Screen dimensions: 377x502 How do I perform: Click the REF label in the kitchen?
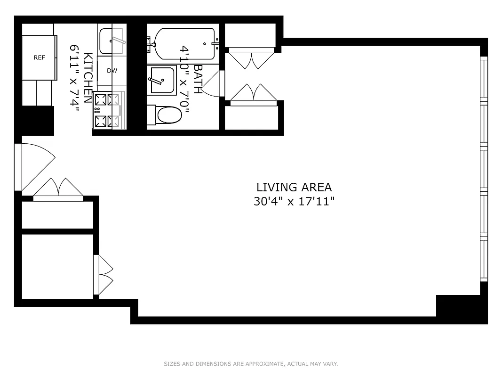(x=40, y=57)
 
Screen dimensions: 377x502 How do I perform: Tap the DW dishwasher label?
(x=112, y=71)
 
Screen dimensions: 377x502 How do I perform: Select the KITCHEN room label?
(x=88, y=78)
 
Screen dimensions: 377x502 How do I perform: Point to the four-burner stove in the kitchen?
(x=107, y=110)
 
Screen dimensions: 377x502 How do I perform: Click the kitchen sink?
(x=112, y=41)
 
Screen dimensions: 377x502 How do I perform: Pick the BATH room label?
(x=198, y=79)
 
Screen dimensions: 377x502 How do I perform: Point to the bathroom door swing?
(x=214, y=85)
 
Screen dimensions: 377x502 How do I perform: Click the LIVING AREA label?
(x=294, y=187)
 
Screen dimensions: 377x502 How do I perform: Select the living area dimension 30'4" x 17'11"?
(x=294, y=202)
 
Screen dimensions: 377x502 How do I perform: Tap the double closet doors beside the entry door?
(x=58, y=188)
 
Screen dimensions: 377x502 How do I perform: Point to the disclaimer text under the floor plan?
(x=251, y=364)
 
